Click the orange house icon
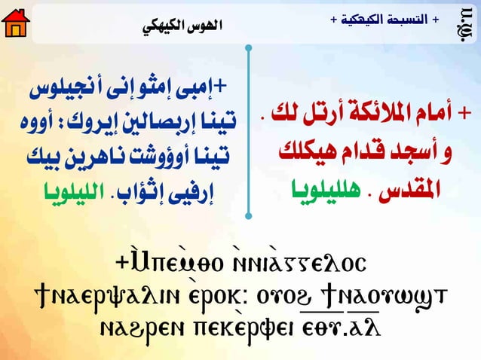(x=16, y=23)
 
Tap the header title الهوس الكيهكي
(x=183, y=25)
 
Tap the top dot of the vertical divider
(x=248, y=49)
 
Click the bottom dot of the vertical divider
(x=248, y=216)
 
